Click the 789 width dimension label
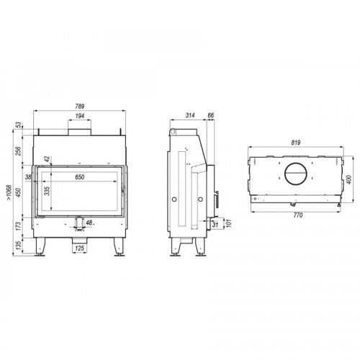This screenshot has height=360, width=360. click(80, 106)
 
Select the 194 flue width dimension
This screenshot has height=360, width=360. click(80, 116)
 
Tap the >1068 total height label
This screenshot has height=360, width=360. click(9, 192)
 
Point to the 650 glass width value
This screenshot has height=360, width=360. click(80, 177)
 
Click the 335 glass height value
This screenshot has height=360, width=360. click(48, 191)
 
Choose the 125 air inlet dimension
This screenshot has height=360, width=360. click(79, 248)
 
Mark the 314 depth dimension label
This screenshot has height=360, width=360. click(190, 115)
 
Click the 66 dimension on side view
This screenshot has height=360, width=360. click(210, 115)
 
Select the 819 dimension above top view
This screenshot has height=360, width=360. click(296, 143)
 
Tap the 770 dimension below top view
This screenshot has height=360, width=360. click(297, 215)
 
